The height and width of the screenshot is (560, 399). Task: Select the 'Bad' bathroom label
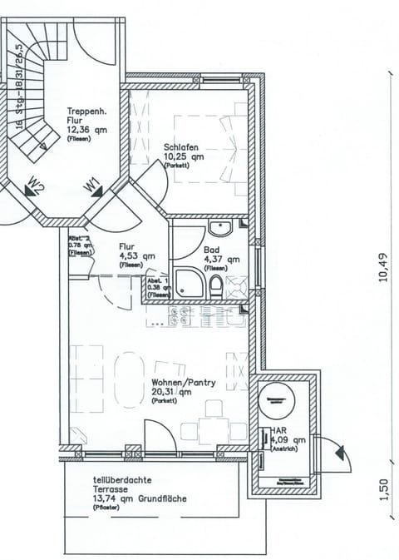211,249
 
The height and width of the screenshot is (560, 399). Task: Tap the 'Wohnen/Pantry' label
184,384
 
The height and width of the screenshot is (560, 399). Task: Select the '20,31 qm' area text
171,393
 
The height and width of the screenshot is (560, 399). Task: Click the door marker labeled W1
92,184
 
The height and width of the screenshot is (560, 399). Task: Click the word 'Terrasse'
112,490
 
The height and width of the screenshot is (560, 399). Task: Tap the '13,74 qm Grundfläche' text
139,499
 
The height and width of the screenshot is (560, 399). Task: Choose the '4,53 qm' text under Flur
136,256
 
